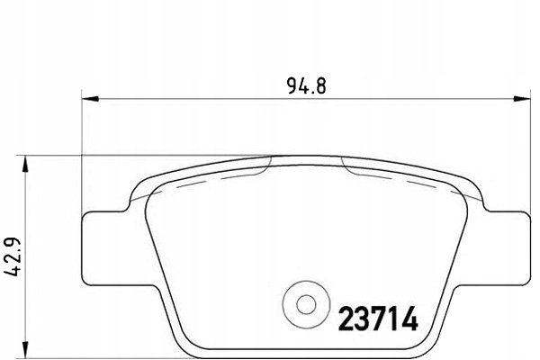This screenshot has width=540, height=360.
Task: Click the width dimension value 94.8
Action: coord(306,87)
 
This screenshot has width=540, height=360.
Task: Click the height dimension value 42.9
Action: coord(13,256)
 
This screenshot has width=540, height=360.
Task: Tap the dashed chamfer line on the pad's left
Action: coord(216,179)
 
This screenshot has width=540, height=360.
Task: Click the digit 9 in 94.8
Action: coord(292,87)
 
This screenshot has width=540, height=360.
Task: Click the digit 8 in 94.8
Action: coord(319,87)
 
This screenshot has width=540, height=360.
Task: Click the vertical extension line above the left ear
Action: coord(83,153)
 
